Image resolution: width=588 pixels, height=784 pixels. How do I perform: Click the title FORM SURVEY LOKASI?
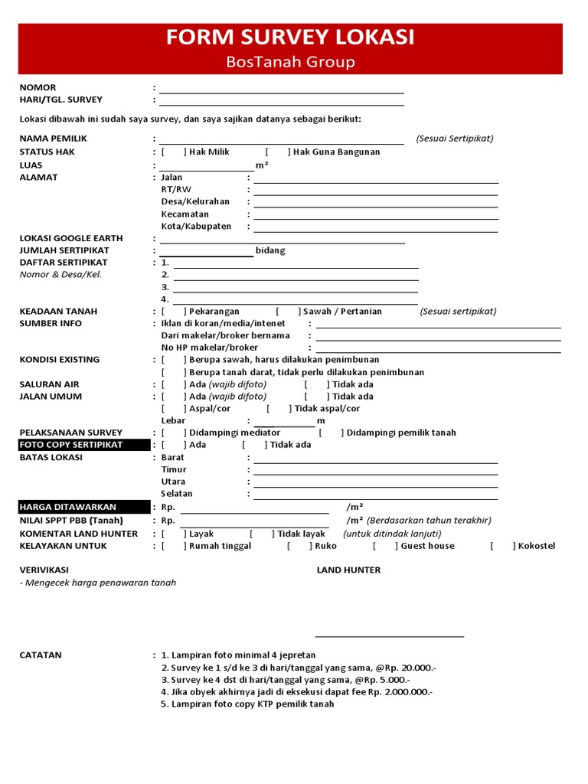pyautogui.click(x=290, y=38)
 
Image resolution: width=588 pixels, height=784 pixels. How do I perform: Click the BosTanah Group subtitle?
pyautogui.click(x=290, y=62)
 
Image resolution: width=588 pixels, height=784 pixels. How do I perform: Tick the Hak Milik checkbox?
pyautogui.click(x=174, y=152)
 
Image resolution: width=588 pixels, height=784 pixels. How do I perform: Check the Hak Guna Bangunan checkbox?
pyautogui.click(x=277, y=152)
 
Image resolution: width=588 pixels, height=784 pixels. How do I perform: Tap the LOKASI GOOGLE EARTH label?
pyautogui.click(x=70, y=238)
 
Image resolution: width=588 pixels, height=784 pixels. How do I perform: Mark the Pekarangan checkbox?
pyautogui.click(x=174, y=312)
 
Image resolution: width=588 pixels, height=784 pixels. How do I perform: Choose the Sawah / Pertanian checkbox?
pyautogui.click(x=288, y=312)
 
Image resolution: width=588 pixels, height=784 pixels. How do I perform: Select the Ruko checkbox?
pyautogui.click(x=299, y=546)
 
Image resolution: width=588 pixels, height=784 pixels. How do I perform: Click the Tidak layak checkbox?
pyautogui.click(x=261, y=534)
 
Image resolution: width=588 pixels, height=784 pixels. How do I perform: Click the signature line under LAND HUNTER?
pyautogui.click(x=389, y=635)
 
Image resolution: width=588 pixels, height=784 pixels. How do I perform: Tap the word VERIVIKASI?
pyautogui.click(x=44, y=570)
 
